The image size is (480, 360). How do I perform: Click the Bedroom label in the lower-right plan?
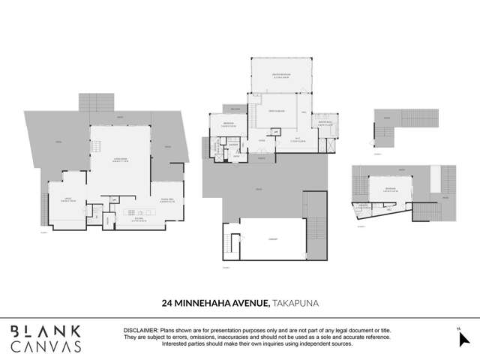click(389, 190)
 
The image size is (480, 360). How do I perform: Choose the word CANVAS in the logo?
click(45, 346)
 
